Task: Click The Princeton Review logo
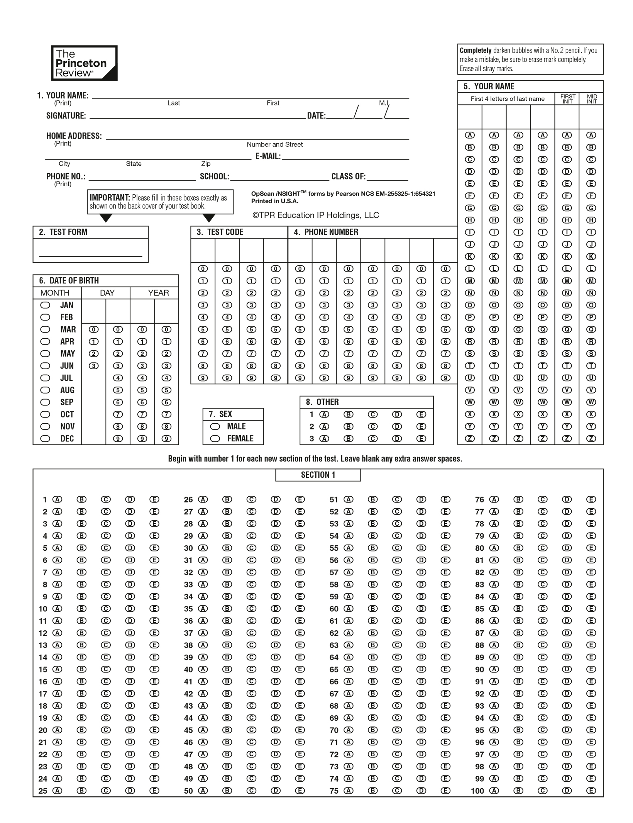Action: click(84, 63)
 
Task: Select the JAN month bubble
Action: click(45, 305)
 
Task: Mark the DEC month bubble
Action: click(45, 439)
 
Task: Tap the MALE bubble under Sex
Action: click(215, 426)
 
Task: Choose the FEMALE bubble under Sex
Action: click(215, 439)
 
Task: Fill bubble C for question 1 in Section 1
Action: click(106, 499)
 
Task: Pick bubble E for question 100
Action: click(591, 791)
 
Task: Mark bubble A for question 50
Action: click(203, 791)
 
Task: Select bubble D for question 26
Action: click(276, 499)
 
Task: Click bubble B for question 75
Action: click(372, 791)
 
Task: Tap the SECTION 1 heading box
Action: click(318, 475)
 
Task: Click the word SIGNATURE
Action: click(66, 116)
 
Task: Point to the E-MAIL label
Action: click(267, 156)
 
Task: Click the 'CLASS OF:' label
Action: click(348, 176)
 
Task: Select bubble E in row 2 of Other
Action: click(421, 426)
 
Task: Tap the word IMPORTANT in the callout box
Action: click(110, 198)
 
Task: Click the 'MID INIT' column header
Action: click(591, 99)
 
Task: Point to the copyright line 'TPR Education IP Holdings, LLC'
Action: click(316, 216)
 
